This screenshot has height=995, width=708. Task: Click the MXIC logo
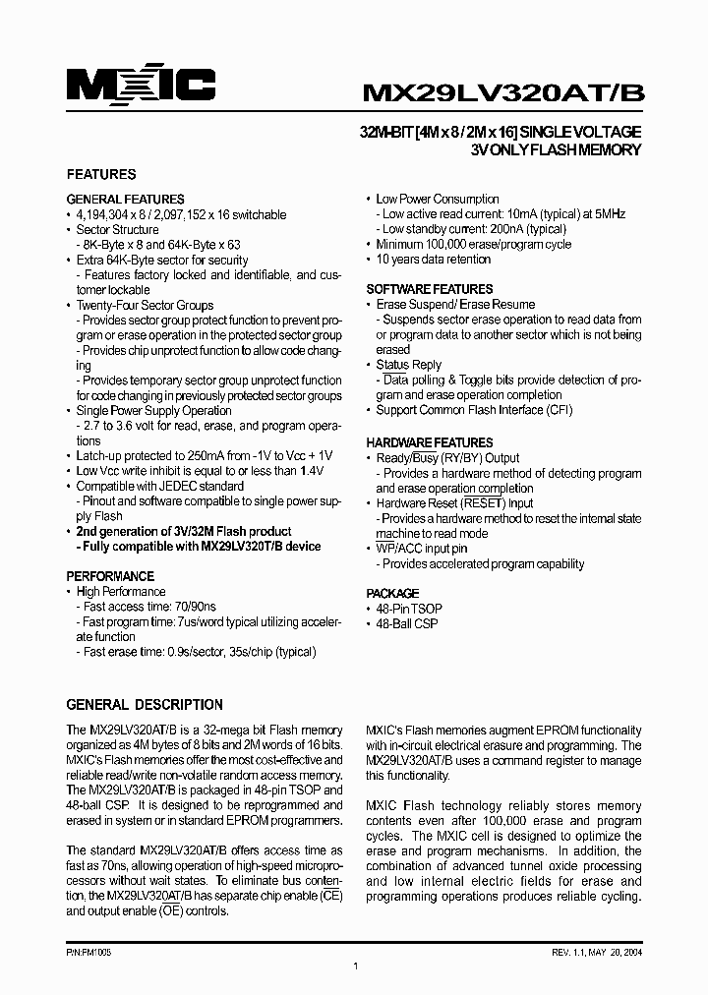(140, 88)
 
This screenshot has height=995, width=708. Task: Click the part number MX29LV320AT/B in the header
(503, 91)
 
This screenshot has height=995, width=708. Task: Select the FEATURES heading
(100, 174)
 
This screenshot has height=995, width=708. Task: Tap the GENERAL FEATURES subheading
(125, 199)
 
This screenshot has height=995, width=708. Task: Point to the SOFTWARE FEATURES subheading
(430, 289)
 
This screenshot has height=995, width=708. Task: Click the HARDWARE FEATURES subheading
(430, 442)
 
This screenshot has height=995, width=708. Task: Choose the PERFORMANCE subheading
(110, 576)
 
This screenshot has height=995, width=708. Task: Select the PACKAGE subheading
(392, 594)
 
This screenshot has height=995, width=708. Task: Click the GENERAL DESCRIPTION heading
(145, 705)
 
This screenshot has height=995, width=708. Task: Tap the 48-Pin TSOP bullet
(407, 609)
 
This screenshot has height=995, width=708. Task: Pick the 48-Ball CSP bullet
(407, 624)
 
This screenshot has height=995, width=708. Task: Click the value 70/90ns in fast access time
(195, 607)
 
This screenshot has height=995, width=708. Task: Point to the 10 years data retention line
(433, 260)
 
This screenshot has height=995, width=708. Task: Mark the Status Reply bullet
(409, 365)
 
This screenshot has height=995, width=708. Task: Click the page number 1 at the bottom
(354, 966)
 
